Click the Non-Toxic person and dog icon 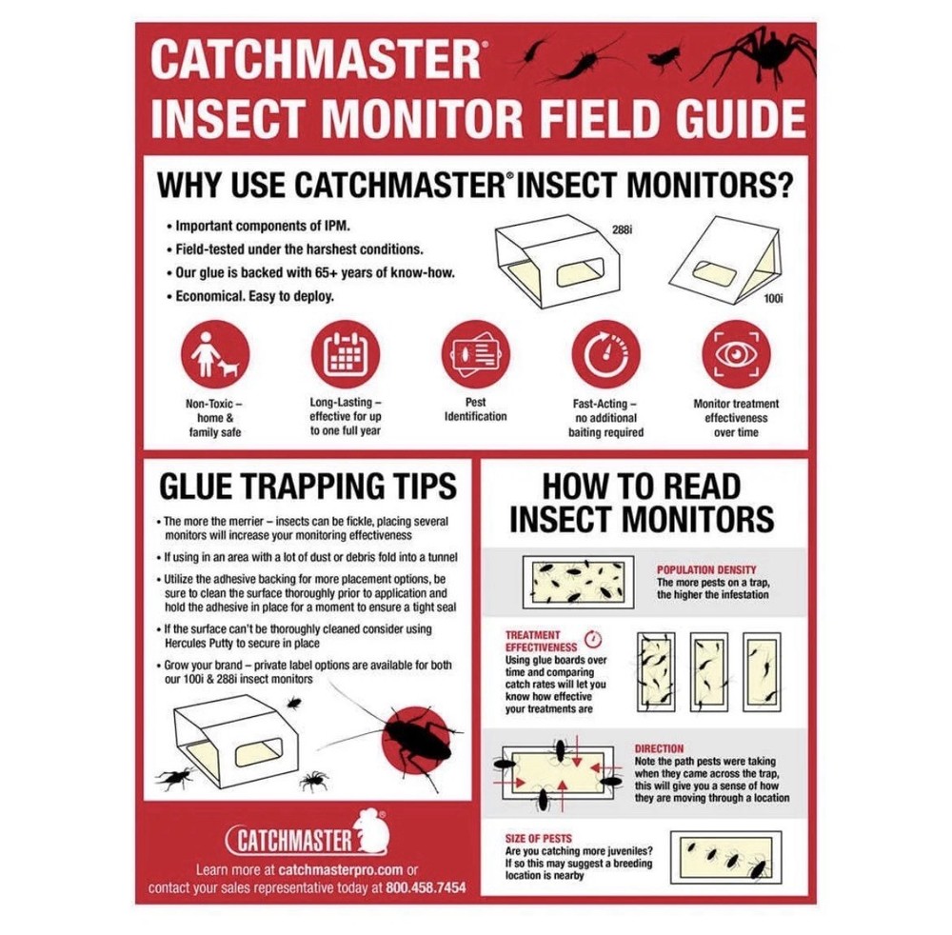214,353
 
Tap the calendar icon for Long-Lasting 346,353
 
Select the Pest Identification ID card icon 476,353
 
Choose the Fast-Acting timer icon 605,353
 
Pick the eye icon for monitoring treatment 735,353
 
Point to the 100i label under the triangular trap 773,298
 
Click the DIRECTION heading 659,749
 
